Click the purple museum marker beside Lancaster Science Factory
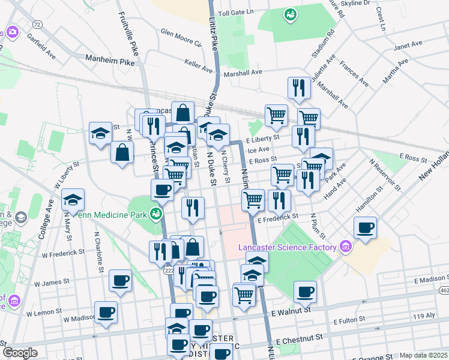coord(345,246)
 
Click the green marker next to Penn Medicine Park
coord(156,212)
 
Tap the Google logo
coord(20,353)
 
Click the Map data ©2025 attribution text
coord(424,355)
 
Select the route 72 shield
coord(38,25)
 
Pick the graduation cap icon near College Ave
coord(73,200)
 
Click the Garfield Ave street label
coord(41,46)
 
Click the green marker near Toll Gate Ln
coord(291,13)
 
